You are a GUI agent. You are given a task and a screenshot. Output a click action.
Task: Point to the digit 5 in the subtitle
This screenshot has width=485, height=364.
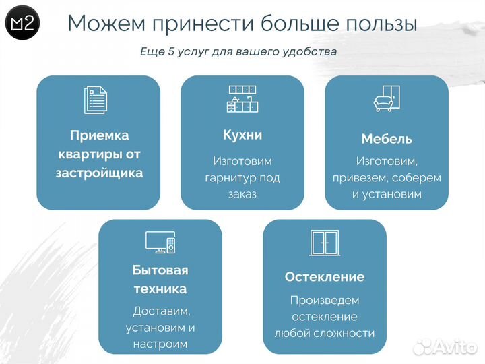172,51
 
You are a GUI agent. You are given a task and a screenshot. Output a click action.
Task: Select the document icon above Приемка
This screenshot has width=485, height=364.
96,100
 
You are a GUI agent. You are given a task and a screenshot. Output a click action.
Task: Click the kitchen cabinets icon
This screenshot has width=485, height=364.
243,98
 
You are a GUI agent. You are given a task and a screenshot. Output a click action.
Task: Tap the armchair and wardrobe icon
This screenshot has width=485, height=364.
387,98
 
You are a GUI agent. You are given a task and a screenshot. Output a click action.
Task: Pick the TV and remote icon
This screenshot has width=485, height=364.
160,242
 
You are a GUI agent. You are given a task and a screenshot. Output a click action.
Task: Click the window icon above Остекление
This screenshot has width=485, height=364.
324,242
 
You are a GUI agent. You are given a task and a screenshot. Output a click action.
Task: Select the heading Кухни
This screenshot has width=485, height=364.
243,135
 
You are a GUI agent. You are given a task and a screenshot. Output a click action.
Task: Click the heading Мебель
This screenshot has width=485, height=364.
387,139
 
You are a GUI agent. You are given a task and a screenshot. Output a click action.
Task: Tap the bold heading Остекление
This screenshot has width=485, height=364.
324,277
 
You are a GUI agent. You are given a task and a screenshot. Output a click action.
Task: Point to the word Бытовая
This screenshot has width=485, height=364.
160,270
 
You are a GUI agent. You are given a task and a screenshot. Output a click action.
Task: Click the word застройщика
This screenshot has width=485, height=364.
99,173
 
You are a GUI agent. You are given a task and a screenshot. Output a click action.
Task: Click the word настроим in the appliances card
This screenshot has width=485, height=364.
160,344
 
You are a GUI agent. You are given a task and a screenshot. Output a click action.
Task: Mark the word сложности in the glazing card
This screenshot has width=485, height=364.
348,332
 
